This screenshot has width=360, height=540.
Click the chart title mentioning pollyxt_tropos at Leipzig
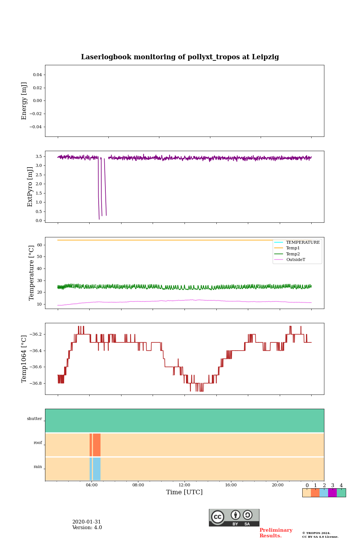coord(180,57)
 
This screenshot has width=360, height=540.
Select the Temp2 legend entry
coord(293,254)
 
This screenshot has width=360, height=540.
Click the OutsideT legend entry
coord(295,259)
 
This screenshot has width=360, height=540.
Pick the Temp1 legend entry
coord(293,248)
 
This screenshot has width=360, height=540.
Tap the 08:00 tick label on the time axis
coord(138,485)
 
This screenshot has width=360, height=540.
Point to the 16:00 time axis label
coord(231,485)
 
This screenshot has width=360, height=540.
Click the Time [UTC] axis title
coord(184,492)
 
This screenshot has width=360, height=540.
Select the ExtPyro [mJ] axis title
coord(30,187)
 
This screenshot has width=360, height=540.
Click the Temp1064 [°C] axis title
coord(24,359)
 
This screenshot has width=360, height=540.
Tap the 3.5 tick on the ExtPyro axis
coord(38,156)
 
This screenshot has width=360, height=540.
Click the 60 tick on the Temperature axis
coord(39,245)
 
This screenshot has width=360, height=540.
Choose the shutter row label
coord(34,419)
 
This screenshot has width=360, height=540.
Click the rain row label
coord(38,467)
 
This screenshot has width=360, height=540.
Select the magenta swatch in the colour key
coord(332,493)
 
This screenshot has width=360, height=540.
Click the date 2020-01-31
coord(87,522)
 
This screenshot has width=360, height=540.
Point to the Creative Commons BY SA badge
coord(234,517)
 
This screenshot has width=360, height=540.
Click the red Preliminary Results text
coord(276,533)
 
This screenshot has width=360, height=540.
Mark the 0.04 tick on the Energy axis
coord(37,75)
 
